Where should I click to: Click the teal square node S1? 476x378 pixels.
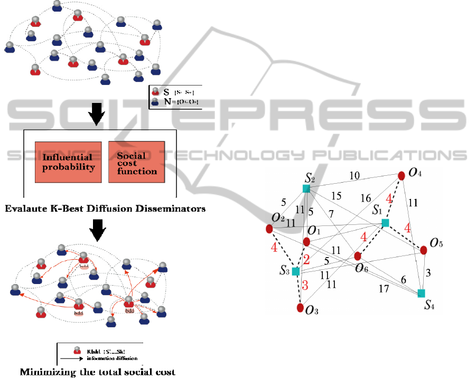(x=386, y=223)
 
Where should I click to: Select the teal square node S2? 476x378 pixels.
(x=306, y=188)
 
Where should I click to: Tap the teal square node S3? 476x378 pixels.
(x=296, y=271)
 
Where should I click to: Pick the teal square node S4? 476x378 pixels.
(x=421, y=293)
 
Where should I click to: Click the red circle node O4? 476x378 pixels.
(x=401, y=175)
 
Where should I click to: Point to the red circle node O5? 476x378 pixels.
(x=423, y=250)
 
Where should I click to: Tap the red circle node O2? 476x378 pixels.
(x=269, y=229)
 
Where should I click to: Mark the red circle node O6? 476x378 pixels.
(x=358, y=256)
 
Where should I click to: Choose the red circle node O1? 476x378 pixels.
(x=306, y=241)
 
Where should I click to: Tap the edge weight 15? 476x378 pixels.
(x=336, y=196)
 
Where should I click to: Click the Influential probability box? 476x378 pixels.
(x=68, y=162)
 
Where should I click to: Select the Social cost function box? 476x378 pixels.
(x=137, y=162)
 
